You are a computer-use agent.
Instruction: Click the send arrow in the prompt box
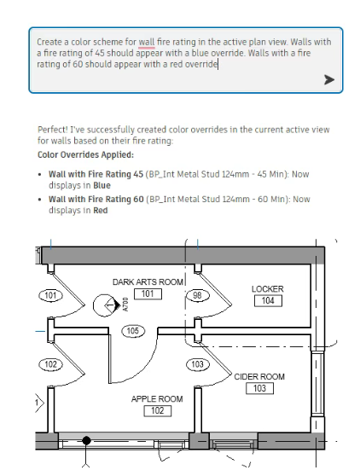point(329,80)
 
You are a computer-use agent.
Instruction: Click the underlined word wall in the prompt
point(147,42)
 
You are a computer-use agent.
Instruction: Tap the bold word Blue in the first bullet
point(102,185)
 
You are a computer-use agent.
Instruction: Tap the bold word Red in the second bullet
point(100,211)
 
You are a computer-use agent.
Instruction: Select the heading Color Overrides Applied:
point(85,154)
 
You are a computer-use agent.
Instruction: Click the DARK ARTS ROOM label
point(148,282)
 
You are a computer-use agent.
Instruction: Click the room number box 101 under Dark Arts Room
point(148,293)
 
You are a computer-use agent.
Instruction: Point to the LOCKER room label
point(267,289)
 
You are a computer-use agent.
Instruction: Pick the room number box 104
point(268,301)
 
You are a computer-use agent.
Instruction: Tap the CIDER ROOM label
point(259,377)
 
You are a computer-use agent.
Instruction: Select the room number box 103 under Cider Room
point(259,388)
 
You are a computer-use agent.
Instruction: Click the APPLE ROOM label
point(157,399)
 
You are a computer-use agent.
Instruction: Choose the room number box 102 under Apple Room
point(158,410)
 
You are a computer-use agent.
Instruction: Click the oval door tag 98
point(197,295)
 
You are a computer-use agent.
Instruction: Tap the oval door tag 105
point(133,331)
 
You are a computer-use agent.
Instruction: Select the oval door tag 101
point(50,295)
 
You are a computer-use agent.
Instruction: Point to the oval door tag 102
point(50,364)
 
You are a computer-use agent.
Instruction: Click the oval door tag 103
point(197,364)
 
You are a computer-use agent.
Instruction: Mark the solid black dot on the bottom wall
point(86,440)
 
